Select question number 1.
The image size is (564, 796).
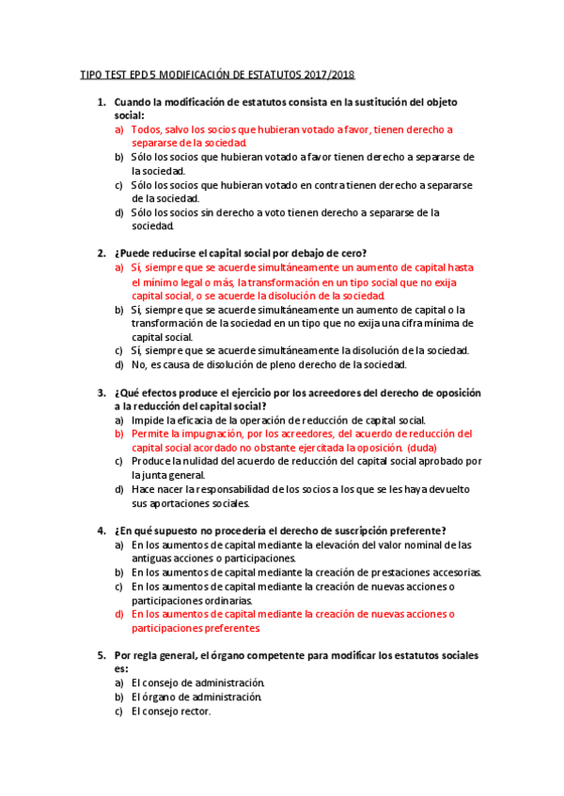click(x=102, y=101)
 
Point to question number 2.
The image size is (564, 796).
click(x=102, y=253)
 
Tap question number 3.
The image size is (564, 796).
click(x=102, y=391)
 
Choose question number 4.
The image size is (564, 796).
click(x=102, y=529)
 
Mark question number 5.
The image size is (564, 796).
click(x=102, y=654)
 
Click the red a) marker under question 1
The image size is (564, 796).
click(x=119, y=130)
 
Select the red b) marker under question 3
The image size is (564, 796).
click(x=119, y=434)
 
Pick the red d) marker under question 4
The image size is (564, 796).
click(x=119, y=614)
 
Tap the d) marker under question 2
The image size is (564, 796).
click(x=119, y=364)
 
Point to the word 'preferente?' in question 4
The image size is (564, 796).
click(x=419, y=529)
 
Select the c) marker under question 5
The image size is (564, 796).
click(x=119, y=711)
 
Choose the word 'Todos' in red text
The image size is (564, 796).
click(x=148, y=130)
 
